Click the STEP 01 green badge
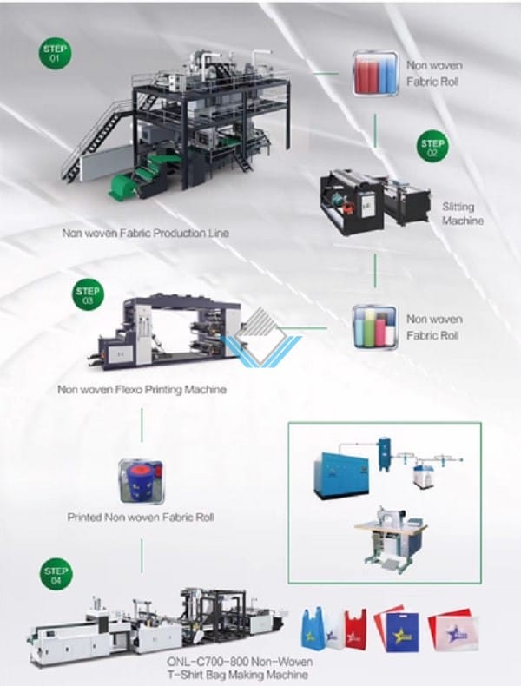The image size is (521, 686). (54, 53)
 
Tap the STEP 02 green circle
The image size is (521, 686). (432, 148)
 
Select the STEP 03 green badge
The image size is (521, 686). (88, 296)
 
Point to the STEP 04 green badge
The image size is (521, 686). (56, 576)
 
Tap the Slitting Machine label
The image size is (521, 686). (462, 214)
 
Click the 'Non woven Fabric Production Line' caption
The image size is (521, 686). (145, 233)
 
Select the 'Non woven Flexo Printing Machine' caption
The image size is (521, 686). (142, 389)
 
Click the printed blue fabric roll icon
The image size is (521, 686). (142, 481)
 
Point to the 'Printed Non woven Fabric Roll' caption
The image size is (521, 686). (141, 518)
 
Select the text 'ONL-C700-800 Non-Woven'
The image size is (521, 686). (240, 662)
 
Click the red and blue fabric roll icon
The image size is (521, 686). (376, 73)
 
